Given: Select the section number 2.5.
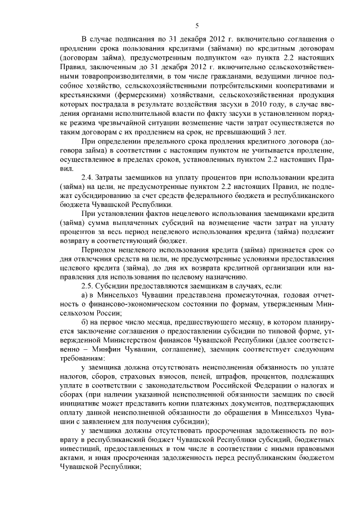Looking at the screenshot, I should coord(88,286).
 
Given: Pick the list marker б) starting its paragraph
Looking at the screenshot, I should coord(85,321).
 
